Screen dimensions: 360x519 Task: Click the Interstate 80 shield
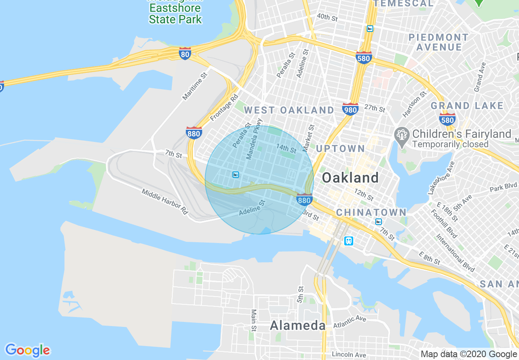pos(185,53)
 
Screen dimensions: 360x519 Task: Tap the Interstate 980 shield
pos(350,109)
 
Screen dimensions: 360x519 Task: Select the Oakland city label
pos(350,178)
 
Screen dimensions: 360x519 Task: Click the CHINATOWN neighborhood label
pos(371,212)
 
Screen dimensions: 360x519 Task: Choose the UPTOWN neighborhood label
pos(341,148)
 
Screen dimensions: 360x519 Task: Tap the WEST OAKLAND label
pos(289,110)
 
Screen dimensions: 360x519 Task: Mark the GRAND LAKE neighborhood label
pos(467,106)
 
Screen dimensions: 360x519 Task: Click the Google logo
pos(27,350)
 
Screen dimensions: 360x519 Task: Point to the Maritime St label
pos(196,87)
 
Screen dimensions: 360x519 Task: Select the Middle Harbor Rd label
pos(165,202)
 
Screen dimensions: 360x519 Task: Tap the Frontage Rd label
pos(224,108)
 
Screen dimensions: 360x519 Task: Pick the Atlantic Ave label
pos(350,321)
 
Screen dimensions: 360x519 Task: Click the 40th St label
pos(327,18)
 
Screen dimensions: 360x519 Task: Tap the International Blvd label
pos(455,253)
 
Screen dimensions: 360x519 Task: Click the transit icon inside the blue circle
pos(235,175)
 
